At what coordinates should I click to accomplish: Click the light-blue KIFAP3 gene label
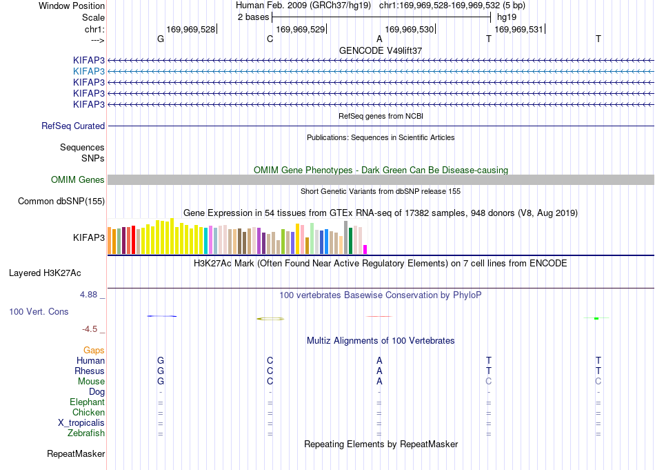[88, 72]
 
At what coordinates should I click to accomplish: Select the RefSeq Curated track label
[73, 126]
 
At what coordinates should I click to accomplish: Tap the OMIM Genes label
[78, 180]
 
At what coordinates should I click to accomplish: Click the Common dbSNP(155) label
[61, 201]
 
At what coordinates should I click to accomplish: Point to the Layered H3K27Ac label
[45, 273]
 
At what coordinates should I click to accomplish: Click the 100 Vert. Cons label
[39, 311]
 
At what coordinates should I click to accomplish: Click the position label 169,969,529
[301, 29]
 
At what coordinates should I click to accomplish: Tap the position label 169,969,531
[518, 29]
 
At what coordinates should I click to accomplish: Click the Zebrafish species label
[86, 433]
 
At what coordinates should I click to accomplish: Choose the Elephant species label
[88, 402]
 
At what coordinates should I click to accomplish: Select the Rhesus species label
[90, 371]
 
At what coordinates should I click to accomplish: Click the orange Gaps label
[94, 350]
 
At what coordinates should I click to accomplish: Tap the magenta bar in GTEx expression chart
[365, 250]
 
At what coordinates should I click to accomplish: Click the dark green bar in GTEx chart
[350, 241]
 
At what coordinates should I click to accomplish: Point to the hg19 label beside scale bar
[507, 17]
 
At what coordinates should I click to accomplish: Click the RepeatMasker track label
[76, 453]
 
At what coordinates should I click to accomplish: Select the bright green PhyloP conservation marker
[596, 319]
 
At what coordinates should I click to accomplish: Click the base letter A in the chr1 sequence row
[379, 39]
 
